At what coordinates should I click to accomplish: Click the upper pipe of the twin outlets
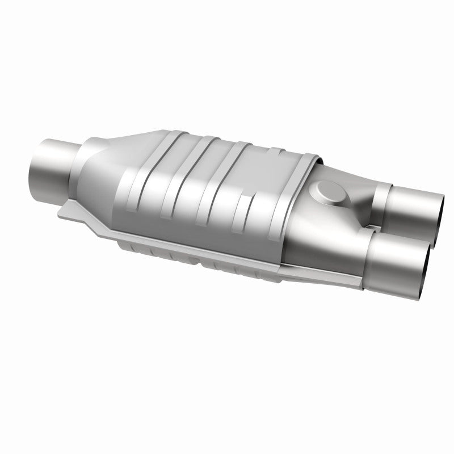click(x=409, y=207)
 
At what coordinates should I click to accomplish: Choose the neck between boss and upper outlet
click(x=360, y=199)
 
